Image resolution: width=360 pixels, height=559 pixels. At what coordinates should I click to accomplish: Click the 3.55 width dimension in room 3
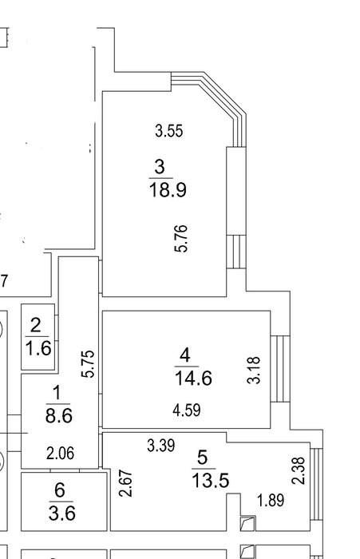(169, 130)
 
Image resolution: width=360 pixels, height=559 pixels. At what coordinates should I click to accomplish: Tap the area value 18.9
(168, 190)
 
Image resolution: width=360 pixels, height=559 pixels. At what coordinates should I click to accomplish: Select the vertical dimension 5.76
(181, 239)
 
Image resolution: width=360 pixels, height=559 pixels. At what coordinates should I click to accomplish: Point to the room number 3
(160, 166)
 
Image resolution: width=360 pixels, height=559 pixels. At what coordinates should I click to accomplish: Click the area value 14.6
(193, 378)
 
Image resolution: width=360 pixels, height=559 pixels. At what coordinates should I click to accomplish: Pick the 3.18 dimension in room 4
(254, 370)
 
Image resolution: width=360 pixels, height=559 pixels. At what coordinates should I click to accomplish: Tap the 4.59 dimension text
(187, 410)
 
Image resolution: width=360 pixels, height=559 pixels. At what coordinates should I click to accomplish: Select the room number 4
(185, 355)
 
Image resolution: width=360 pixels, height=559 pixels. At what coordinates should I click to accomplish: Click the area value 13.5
(210, 480)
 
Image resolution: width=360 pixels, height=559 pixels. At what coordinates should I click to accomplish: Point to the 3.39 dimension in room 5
(160, 446)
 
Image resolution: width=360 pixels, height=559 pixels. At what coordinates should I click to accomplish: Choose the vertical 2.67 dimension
(126, 483)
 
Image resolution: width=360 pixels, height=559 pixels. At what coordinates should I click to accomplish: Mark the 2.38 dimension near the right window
(299, 470)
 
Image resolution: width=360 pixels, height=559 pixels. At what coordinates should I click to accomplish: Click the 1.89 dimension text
(271, 500)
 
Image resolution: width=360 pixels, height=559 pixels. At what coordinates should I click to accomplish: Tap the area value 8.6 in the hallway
(59, 415)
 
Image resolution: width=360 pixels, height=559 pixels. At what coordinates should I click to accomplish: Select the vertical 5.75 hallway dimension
(88, 364)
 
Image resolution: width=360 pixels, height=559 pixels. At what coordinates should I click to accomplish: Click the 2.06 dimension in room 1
(60, 454)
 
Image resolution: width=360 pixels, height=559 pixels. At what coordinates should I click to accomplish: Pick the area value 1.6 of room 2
(38, 348)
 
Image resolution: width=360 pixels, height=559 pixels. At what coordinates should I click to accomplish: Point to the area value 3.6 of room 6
(62, 513)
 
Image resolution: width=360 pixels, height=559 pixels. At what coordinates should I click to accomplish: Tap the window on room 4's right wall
(280, 369)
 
